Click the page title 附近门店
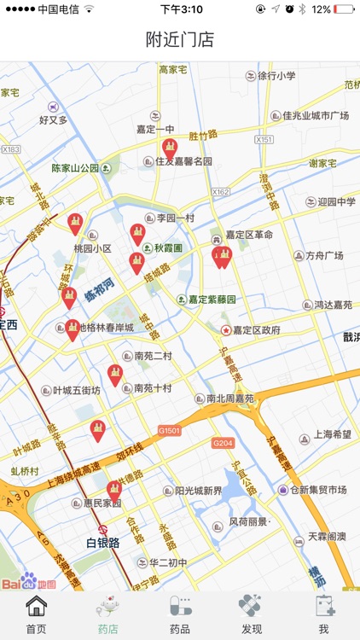(x=180, y=39)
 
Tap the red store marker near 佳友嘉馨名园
(x=170, y=149)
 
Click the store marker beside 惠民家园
(x=114, y=491)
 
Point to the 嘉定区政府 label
(x=256, y=330)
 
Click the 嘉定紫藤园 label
(x=212, y=300)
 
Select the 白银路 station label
(x=103, y=543)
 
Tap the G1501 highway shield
(x=170, y=432)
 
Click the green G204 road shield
(x=223, y=443)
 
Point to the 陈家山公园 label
(x=75, y=168)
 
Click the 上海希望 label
(x=332, y=434)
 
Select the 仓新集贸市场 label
(x=317, y=490)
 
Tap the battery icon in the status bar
(x=345, y=9)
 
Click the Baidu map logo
(x=28, y=583)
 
